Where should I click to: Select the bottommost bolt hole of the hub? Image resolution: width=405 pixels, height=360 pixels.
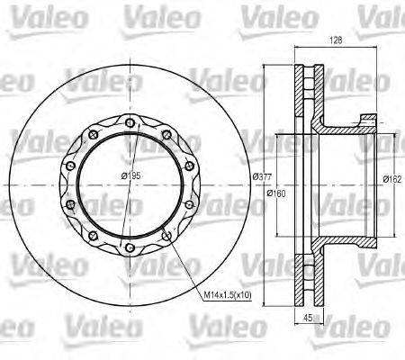tap(130, 249)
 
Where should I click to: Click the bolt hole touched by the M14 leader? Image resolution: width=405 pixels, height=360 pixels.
tap(168, 237)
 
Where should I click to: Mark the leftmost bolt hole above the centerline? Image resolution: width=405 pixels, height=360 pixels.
tap(68, 166)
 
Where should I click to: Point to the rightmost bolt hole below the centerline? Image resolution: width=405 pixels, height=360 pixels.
tap(192, 204)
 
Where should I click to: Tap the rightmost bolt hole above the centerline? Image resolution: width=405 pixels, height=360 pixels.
tap(192, 166)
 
